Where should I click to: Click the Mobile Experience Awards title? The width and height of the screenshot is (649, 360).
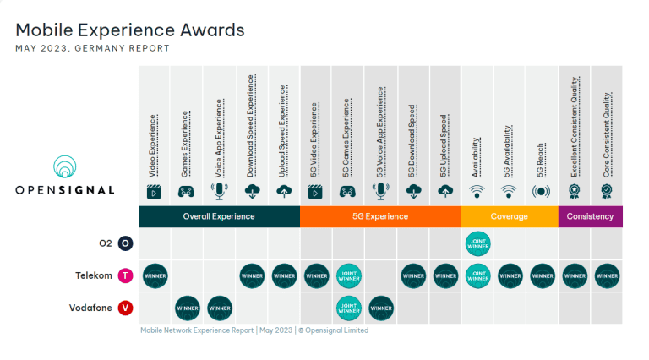click(130, 30)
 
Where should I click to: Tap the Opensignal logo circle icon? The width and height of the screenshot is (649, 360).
click(65, 166)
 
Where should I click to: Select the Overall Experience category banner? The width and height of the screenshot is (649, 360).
click(219, 216)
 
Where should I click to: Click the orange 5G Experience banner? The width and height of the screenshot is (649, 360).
click(379, 216)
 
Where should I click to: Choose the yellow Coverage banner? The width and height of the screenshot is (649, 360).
click(509, 216)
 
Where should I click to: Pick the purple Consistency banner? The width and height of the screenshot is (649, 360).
click(590, 216)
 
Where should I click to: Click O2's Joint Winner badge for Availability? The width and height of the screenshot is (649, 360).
click(477, 243)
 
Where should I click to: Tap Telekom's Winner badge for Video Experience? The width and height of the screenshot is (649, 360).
click(155, 275)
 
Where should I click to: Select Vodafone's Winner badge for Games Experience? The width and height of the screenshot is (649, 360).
click(187, 308)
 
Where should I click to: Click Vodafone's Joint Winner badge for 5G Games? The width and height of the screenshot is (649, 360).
click(348, 308)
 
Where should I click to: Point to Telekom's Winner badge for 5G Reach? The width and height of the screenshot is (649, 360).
click(542, 275)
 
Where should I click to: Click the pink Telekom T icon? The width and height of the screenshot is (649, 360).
click(126, 275)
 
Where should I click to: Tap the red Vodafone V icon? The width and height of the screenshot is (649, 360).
click(126, 308)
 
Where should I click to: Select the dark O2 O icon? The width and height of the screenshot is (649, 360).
click(126, 243)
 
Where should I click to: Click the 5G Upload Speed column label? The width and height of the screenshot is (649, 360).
click(445, 139)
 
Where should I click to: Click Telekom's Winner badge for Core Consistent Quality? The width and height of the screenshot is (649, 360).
click(607, 275)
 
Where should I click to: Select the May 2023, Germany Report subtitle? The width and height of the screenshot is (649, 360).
click(92, 48)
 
